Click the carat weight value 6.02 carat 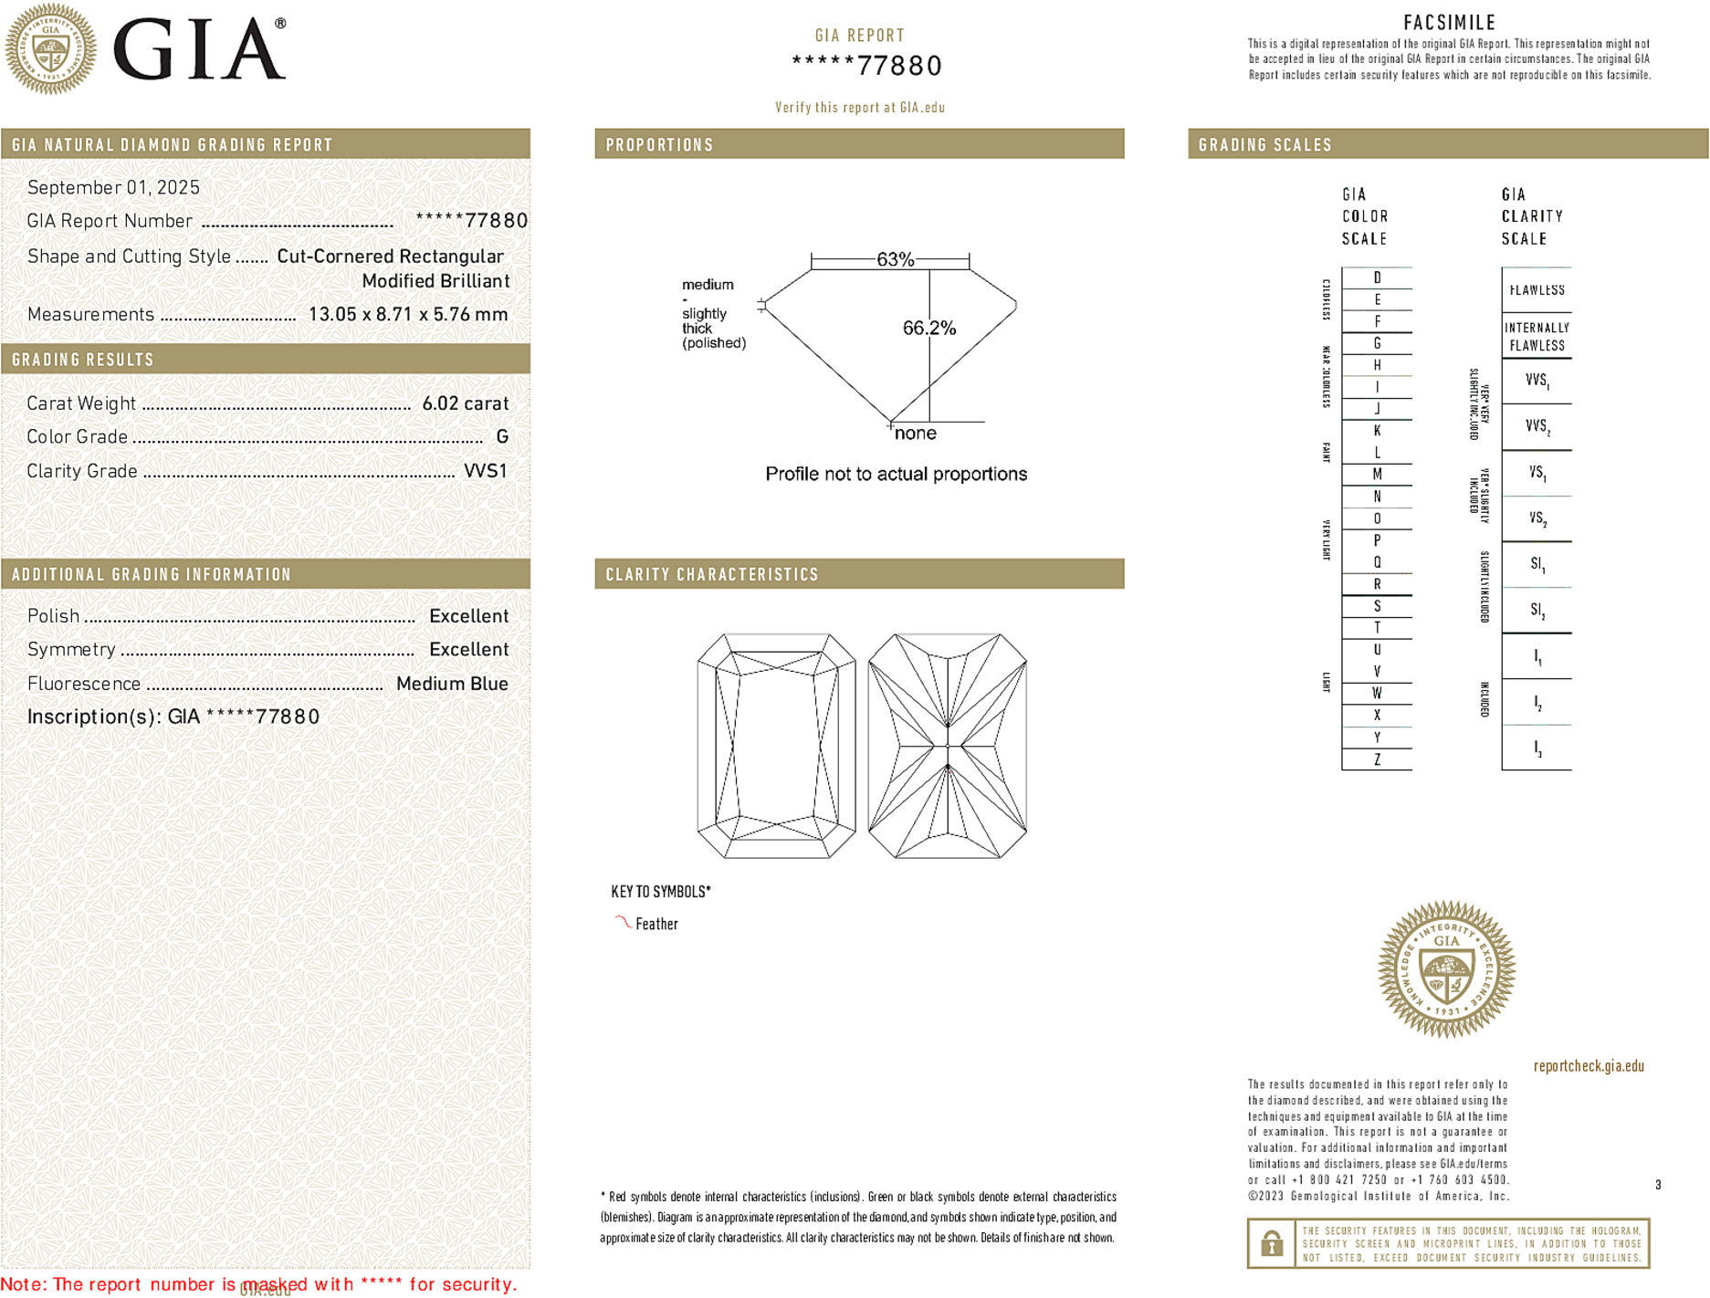[465, 403]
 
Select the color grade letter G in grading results [502, 437]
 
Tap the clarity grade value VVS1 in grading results [485, 471]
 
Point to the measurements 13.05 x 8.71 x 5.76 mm [407, 315]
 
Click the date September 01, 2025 [113, 188]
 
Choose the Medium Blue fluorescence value [452, 684]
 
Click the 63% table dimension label [895, 259]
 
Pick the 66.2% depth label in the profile [928, 328]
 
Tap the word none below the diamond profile [915, 434]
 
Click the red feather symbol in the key [623, 923]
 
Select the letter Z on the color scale [1377, 759]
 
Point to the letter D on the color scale [1377, 277]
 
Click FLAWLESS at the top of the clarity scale [1537, 290]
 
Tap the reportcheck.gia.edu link [1589, 1066]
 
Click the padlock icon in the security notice [1272, 1243]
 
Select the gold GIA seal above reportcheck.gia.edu [1446, 969]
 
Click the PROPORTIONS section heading [659, 145]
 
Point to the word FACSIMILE [1449, 23]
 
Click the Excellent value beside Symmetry [468, 650]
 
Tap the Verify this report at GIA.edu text [859, 108]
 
